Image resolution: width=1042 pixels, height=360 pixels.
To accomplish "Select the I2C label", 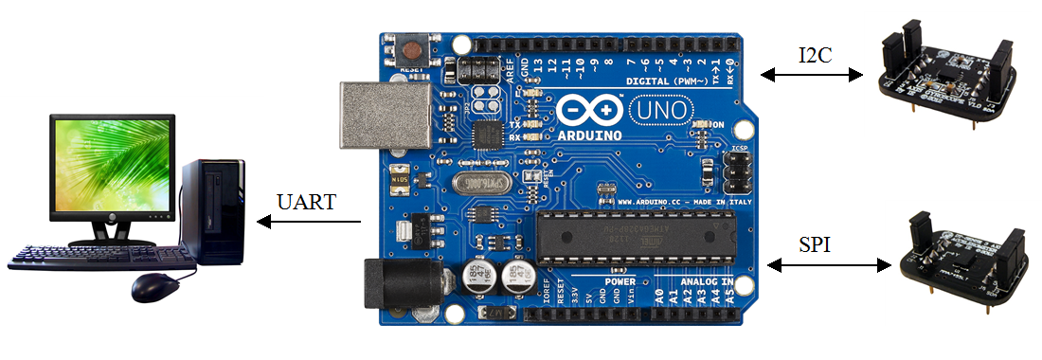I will pos(816,54).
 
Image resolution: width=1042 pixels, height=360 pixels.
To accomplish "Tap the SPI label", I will pos(815,245).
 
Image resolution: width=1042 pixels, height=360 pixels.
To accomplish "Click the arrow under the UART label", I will pos(310,223).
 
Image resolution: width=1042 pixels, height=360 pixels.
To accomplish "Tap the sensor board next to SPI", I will pos(961,256).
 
